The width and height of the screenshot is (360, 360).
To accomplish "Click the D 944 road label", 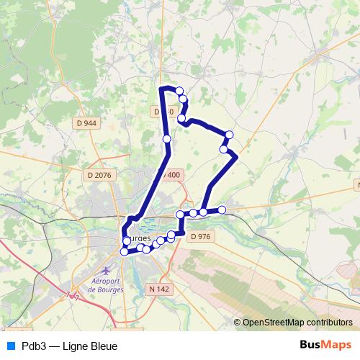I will pos(86,123).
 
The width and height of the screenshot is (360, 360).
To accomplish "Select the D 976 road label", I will pos(199,236).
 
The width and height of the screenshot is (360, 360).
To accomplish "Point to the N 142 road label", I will pos(158,289).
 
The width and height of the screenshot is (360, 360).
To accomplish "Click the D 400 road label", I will pos(171,175).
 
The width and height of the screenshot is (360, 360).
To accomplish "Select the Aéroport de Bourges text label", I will pos(106,285).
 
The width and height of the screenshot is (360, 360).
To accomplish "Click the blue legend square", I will pos(10,346).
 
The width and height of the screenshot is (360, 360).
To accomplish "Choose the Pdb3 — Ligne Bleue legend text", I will pos(70,346).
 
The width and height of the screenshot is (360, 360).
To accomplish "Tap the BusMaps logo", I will pos(326,346).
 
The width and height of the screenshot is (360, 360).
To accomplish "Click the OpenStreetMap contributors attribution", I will pos(297,323).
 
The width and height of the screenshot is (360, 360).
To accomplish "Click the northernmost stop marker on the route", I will pos(179,91).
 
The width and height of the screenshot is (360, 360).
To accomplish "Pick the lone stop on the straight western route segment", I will pos(166,138).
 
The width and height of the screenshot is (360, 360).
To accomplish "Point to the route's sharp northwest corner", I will pos(161,89).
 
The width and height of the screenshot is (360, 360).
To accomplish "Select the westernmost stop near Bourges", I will pos(124,251).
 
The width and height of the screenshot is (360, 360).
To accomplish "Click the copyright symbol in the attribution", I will pos(238,323).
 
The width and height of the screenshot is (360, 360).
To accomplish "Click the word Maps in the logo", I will pos(338,346).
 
